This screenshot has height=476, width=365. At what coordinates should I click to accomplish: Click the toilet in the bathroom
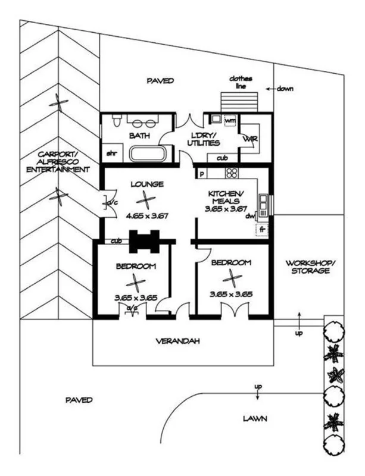[116, 120]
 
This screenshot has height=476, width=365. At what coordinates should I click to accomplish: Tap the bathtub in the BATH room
[148, 154]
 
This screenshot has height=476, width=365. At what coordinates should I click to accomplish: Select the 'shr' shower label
[112, 154]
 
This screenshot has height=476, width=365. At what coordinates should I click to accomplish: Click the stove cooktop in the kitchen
[232, 173]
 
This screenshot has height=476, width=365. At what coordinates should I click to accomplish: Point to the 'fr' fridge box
[262, 229]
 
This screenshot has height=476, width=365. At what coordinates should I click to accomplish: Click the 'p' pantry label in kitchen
[201, 174]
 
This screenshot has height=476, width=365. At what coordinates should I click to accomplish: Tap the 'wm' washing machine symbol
[230, 121]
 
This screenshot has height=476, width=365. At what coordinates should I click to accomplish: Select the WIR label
[251, 139]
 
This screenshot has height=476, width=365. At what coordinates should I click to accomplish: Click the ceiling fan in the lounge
[146, 200]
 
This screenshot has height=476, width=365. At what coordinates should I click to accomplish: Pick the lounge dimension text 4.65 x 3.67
[147, 216]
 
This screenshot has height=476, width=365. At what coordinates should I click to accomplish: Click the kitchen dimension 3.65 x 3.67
[226, 209]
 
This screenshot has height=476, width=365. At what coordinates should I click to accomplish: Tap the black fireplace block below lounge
[144, 242]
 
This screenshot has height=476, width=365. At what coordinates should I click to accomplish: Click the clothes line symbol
[239, 102]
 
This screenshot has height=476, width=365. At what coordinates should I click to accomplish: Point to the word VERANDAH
[178, 341]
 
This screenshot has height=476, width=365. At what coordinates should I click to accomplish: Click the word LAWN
[255, 419]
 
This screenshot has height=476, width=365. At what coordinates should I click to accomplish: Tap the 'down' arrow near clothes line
[271, 89]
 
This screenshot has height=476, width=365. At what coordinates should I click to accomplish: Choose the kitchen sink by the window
[263, 205]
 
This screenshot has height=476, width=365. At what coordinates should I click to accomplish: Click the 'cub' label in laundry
[223, 158]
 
